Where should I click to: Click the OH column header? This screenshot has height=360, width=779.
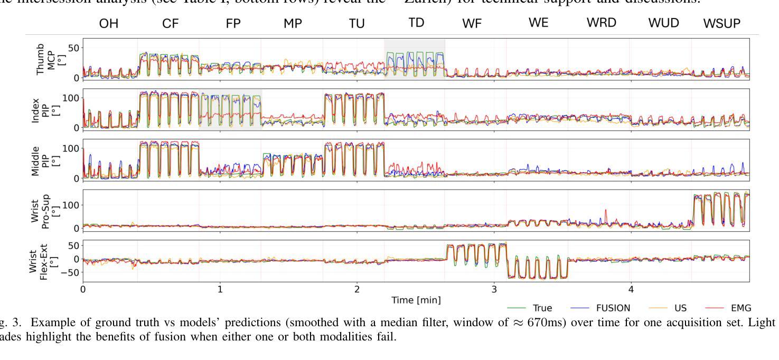pos(110,23)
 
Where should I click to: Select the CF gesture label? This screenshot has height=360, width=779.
pos(171,23)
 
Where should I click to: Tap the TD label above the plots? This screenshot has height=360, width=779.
pos(417,23)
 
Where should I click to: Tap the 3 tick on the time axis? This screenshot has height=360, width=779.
pos(494,289)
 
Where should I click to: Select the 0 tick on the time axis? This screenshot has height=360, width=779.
pos(83,289)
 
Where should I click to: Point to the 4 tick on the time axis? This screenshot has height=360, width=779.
pos(631,289)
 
